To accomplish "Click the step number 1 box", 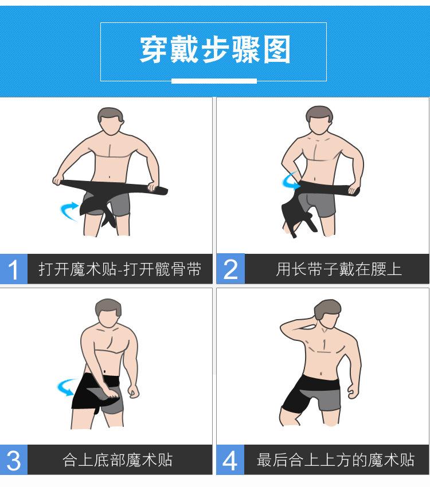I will [14, 269].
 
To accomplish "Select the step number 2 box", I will [230, 269].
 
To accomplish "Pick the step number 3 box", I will [14, 460].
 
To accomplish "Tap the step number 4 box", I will [230, 460].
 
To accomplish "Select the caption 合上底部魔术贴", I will [118, 460].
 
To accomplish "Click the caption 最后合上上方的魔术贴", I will [336, 460].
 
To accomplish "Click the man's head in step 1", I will [111, 121].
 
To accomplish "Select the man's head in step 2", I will [319, 120].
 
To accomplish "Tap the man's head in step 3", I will [108, 313].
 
